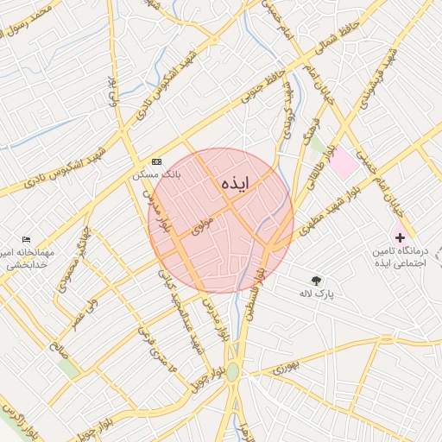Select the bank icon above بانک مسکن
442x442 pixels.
(x=156, y=161)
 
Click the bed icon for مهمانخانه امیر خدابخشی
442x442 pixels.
(x=26, y=239)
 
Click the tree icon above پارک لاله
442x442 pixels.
(x=316, y=280)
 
